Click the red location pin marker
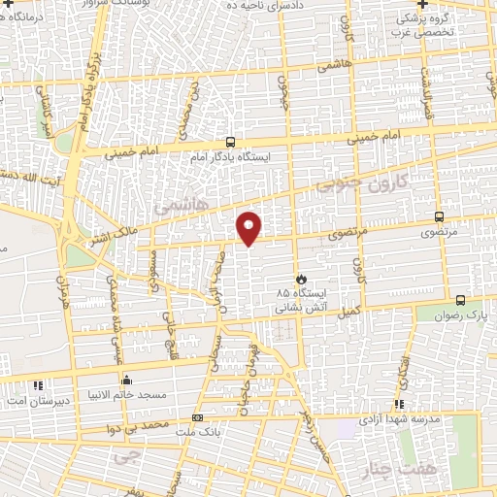tap(249, 227)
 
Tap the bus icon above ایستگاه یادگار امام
tap(230, 141)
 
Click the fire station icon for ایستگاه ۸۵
tap(301, 278)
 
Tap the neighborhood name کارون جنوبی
tap(377, 182)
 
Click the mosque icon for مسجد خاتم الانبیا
tap(125, 381)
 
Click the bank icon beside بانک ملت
tap(198, 418)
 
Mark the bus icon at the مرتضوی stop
tap(440, 217)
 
